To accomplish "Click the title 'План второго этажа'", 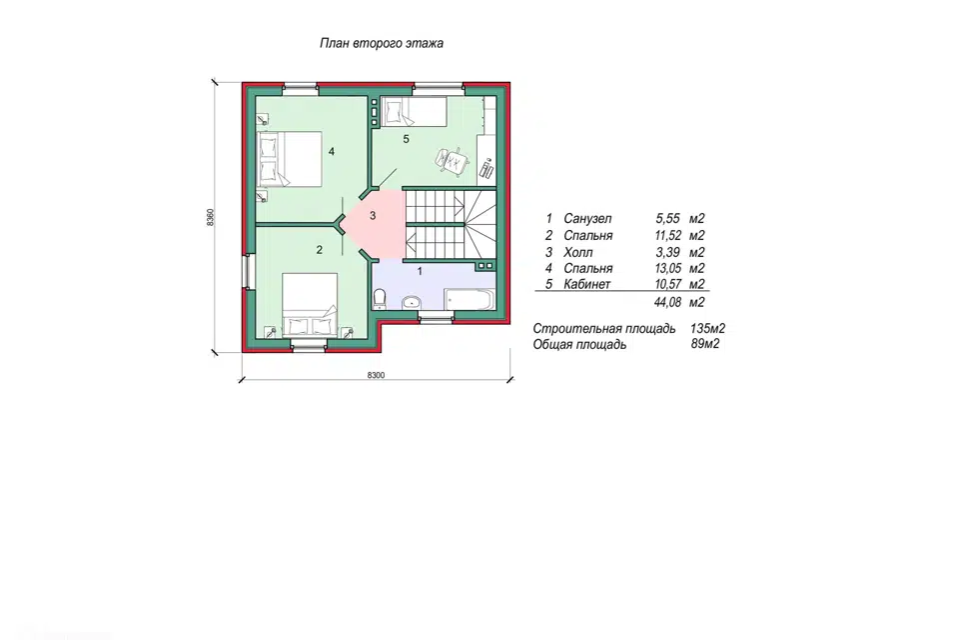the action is (382, 43).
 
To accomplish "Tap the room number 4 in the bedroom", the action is (332, 151).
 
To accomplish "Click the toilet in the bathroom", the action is (380, 298).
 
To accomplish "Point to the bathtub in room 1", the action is (470, 299).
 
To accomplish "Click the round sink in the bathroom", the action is (411, 301).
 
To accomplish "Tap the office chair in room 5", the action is (452, 160).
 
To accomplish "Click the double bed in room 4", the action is (290, 159).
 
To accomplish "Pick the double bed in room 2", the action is (310, 304).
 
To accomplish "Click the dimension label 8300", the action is (377, 375).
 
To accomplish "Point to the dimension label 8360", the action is (210, 217).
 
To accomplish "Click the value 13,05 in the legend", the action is (668, 268).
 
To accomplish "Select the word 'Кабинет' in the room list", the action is (587, 284).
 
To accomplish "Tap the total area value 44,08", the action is (668, 303).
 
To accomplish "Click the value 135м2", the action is (707, 328).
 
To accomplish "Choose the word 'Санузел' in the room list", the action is (587, 219).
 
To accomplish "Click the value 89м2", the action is (705, 344).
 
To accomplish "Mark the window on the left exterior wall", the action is (246, 271).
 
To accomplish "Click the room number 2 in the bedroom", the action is (320, 250).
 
